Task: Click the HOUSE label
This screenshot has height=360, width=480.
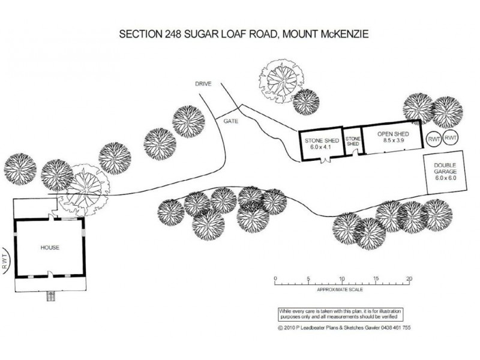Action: click(49, 247)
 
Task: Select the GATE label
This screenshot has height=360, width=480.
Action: click(232, 121)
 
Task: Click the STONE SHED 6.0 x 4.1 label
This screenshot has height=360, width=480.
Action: click(321, 143)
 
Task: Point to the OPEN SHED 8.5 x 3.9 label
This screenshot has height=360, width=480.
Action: click(393, 136)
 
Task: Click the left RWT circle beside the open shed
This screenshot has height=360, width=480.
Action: click(434, 139)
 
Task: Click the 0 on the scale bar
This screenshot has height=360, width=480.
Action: click(274, 279)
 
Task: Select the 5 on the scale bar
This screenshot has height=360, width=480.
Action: click(308, 279)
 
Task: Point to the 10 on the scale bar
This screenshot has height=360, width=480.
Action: click(342, 279)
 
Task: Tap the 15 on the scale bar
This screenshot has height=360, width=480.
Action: click(376, 279)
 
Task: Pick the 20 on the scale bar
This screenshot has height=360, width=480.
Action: click(410, 279)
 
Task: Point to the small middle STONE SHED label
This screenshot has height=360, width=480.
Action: click(353, 141)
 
